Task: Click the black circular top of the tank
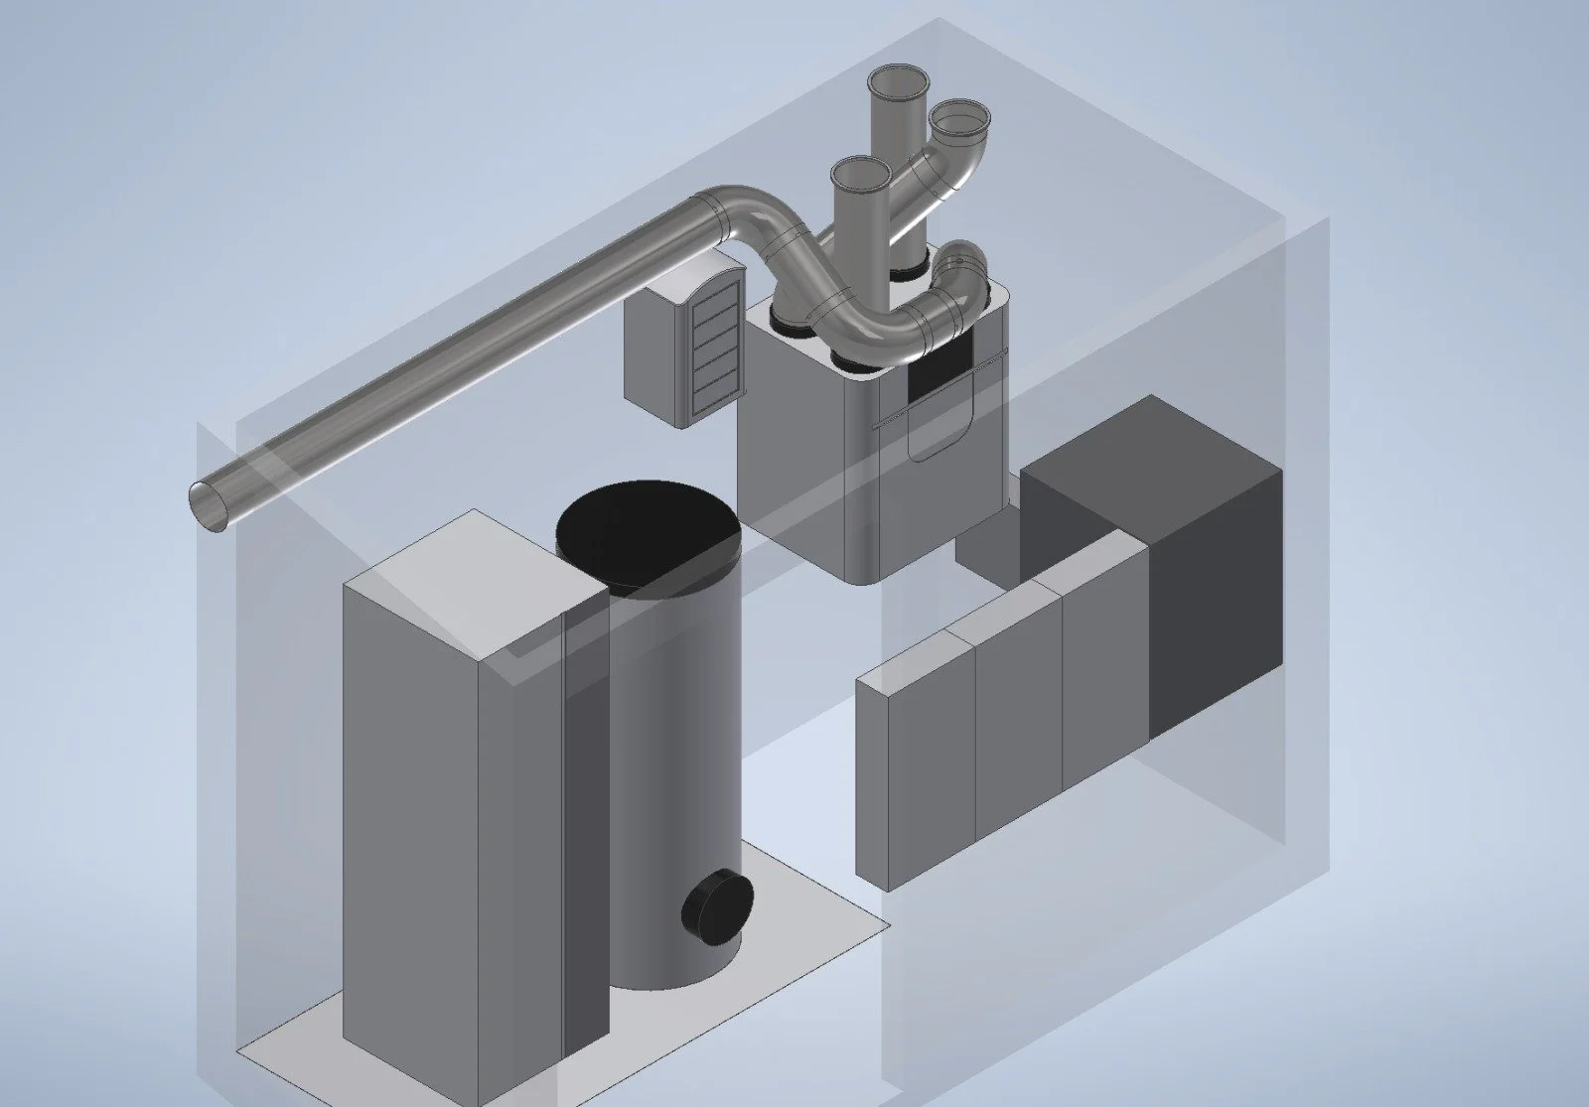coord(648,535)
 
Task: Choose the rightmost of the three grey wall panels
coord(1105,685)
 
